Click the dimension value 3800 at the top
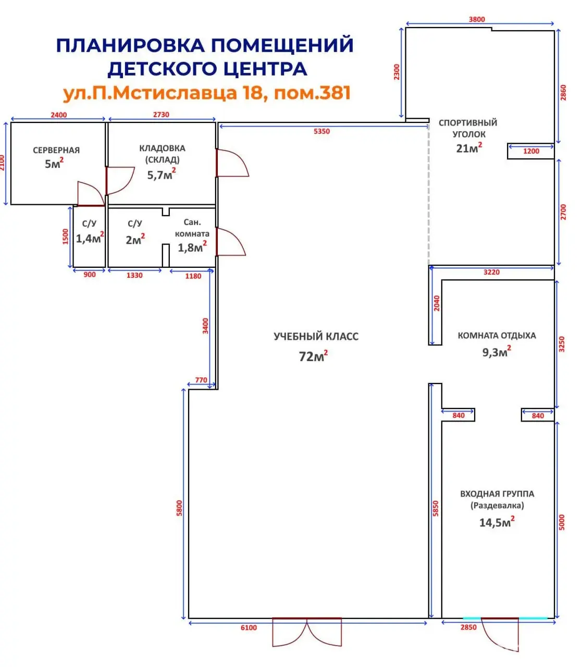pyautogui.click(x=477, y=19)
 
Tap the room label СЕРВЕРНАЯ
pyautogui.click(x=56, y=150)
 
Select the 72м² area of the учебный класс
pyautogui.click(x=313, y=356)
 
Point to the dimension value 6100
pyautogui.click(x=249, y=627)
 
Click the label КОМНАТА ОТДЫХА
pyautogui.click(x=497, y=336)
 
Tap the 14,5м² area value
pyautogui.click(x=497, y=522)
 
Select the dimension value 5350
pyautogui.click(x=321, y=131)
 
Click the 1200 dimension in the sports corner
pyautogui.click(x=531, y=151)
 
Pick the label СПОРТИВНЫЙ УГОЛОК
pyautogui.click(x=468, y=128)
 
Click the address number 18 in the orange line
pyautogui.click(x=254, y=93)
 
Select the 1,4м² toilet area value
pyautogui.click(x=90, y=239)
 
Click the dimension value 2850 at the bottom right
pyautogui.click(x=468, y=627)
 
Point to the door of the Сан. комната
pyautogui.click(x=230, y=242)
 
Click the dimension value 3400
pyautogui.click(x=205, y=326)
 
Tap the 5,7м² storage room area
pyautogui.click(x=161, y=175)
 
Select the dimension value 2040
pyautogui.click(x=437, y=303)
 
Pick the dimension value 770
pyautogui.click(x=201, y=380)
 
